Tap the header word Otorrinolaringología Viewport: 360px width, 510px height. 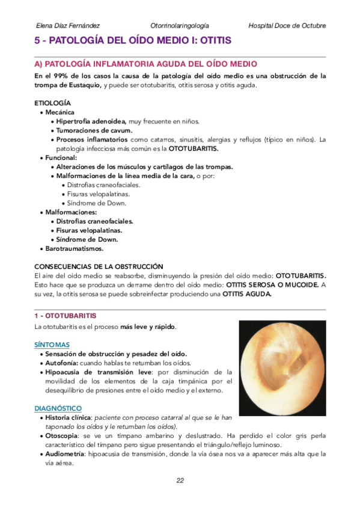(x=180, y=26)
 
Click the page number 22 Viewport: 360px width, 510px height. (x=180, y=480)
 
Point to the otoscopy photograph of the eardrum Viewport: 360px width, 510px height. (x=282, y=368)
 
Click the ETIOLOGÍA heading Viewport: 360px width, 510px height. (x=53, y=103)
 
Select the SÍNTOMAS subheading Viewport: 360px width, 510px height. (x=52, y=345)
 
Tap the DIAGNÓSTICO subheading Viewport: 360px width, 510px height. (x=58, y=408)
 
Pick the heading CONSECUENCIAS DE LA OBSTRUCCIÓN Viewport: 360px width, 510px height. (x=99, y=266)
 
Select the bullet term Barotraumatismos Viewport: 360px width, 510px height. (x=75, y=248)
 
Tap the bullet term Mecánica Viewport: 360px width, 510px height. (x=60, y=112)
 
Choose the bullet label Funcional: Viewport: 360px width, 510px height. (x=61, y=158)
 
